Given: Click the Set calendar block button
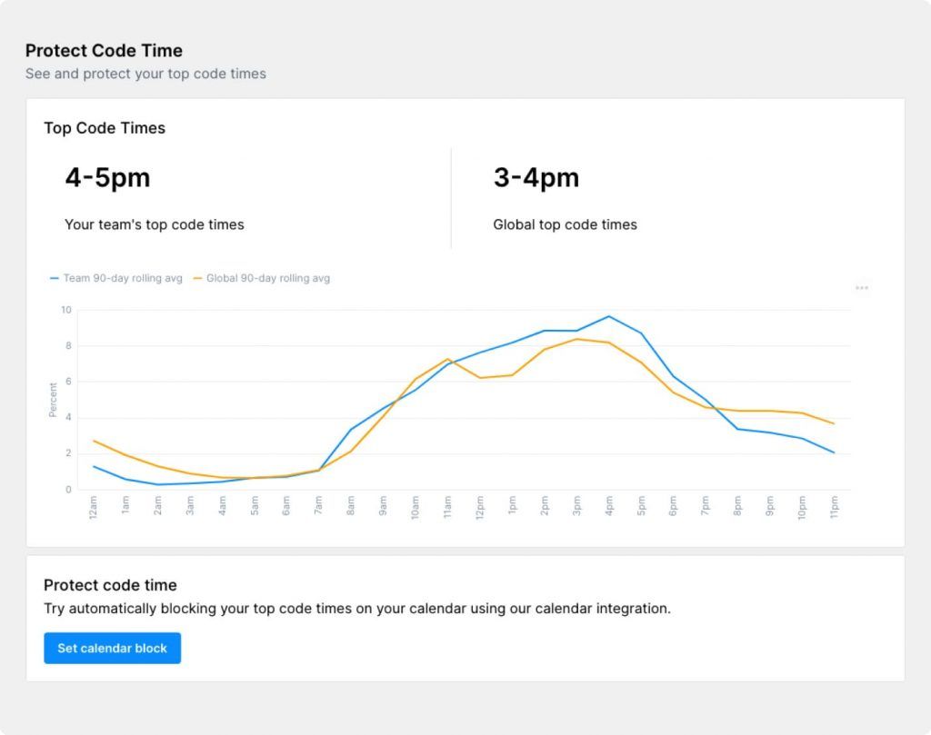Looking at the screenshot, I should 112,648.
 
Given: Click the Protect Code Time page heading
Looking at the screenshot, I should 104,51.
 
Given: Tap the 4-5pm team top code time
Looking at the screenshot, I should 107,178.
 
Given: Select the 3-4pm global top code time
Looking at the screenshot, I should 536,178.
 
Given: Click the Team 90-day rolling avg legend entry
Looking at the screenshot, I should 116,278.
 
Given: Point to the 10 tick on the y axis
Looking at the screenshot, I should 65,310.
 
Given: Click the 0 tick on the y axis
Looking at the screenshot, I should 68,490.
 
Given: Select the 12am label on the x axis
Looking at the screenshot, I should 94,507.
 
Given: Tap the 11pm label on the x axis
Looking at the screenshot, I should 834,507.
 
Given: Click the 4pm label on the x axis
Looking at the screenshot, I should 608,505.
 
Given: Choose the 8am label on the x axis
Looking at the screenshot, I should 351,505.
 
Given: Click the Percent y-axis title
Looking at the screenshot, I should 53,400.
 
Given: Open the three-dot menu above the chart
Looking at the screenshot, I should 862,288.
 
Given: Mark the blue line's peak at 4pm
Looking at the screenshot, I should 608,316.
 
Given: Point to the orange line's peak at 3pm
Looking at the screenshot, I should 576,339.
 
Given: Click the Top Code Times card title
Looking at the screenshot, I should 105,128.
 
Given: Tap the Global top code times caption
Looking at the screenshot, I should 565,224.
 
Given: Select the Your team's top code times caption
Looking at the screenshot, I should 155,224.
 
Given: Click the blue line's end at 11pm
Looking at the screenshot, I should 834,452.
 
